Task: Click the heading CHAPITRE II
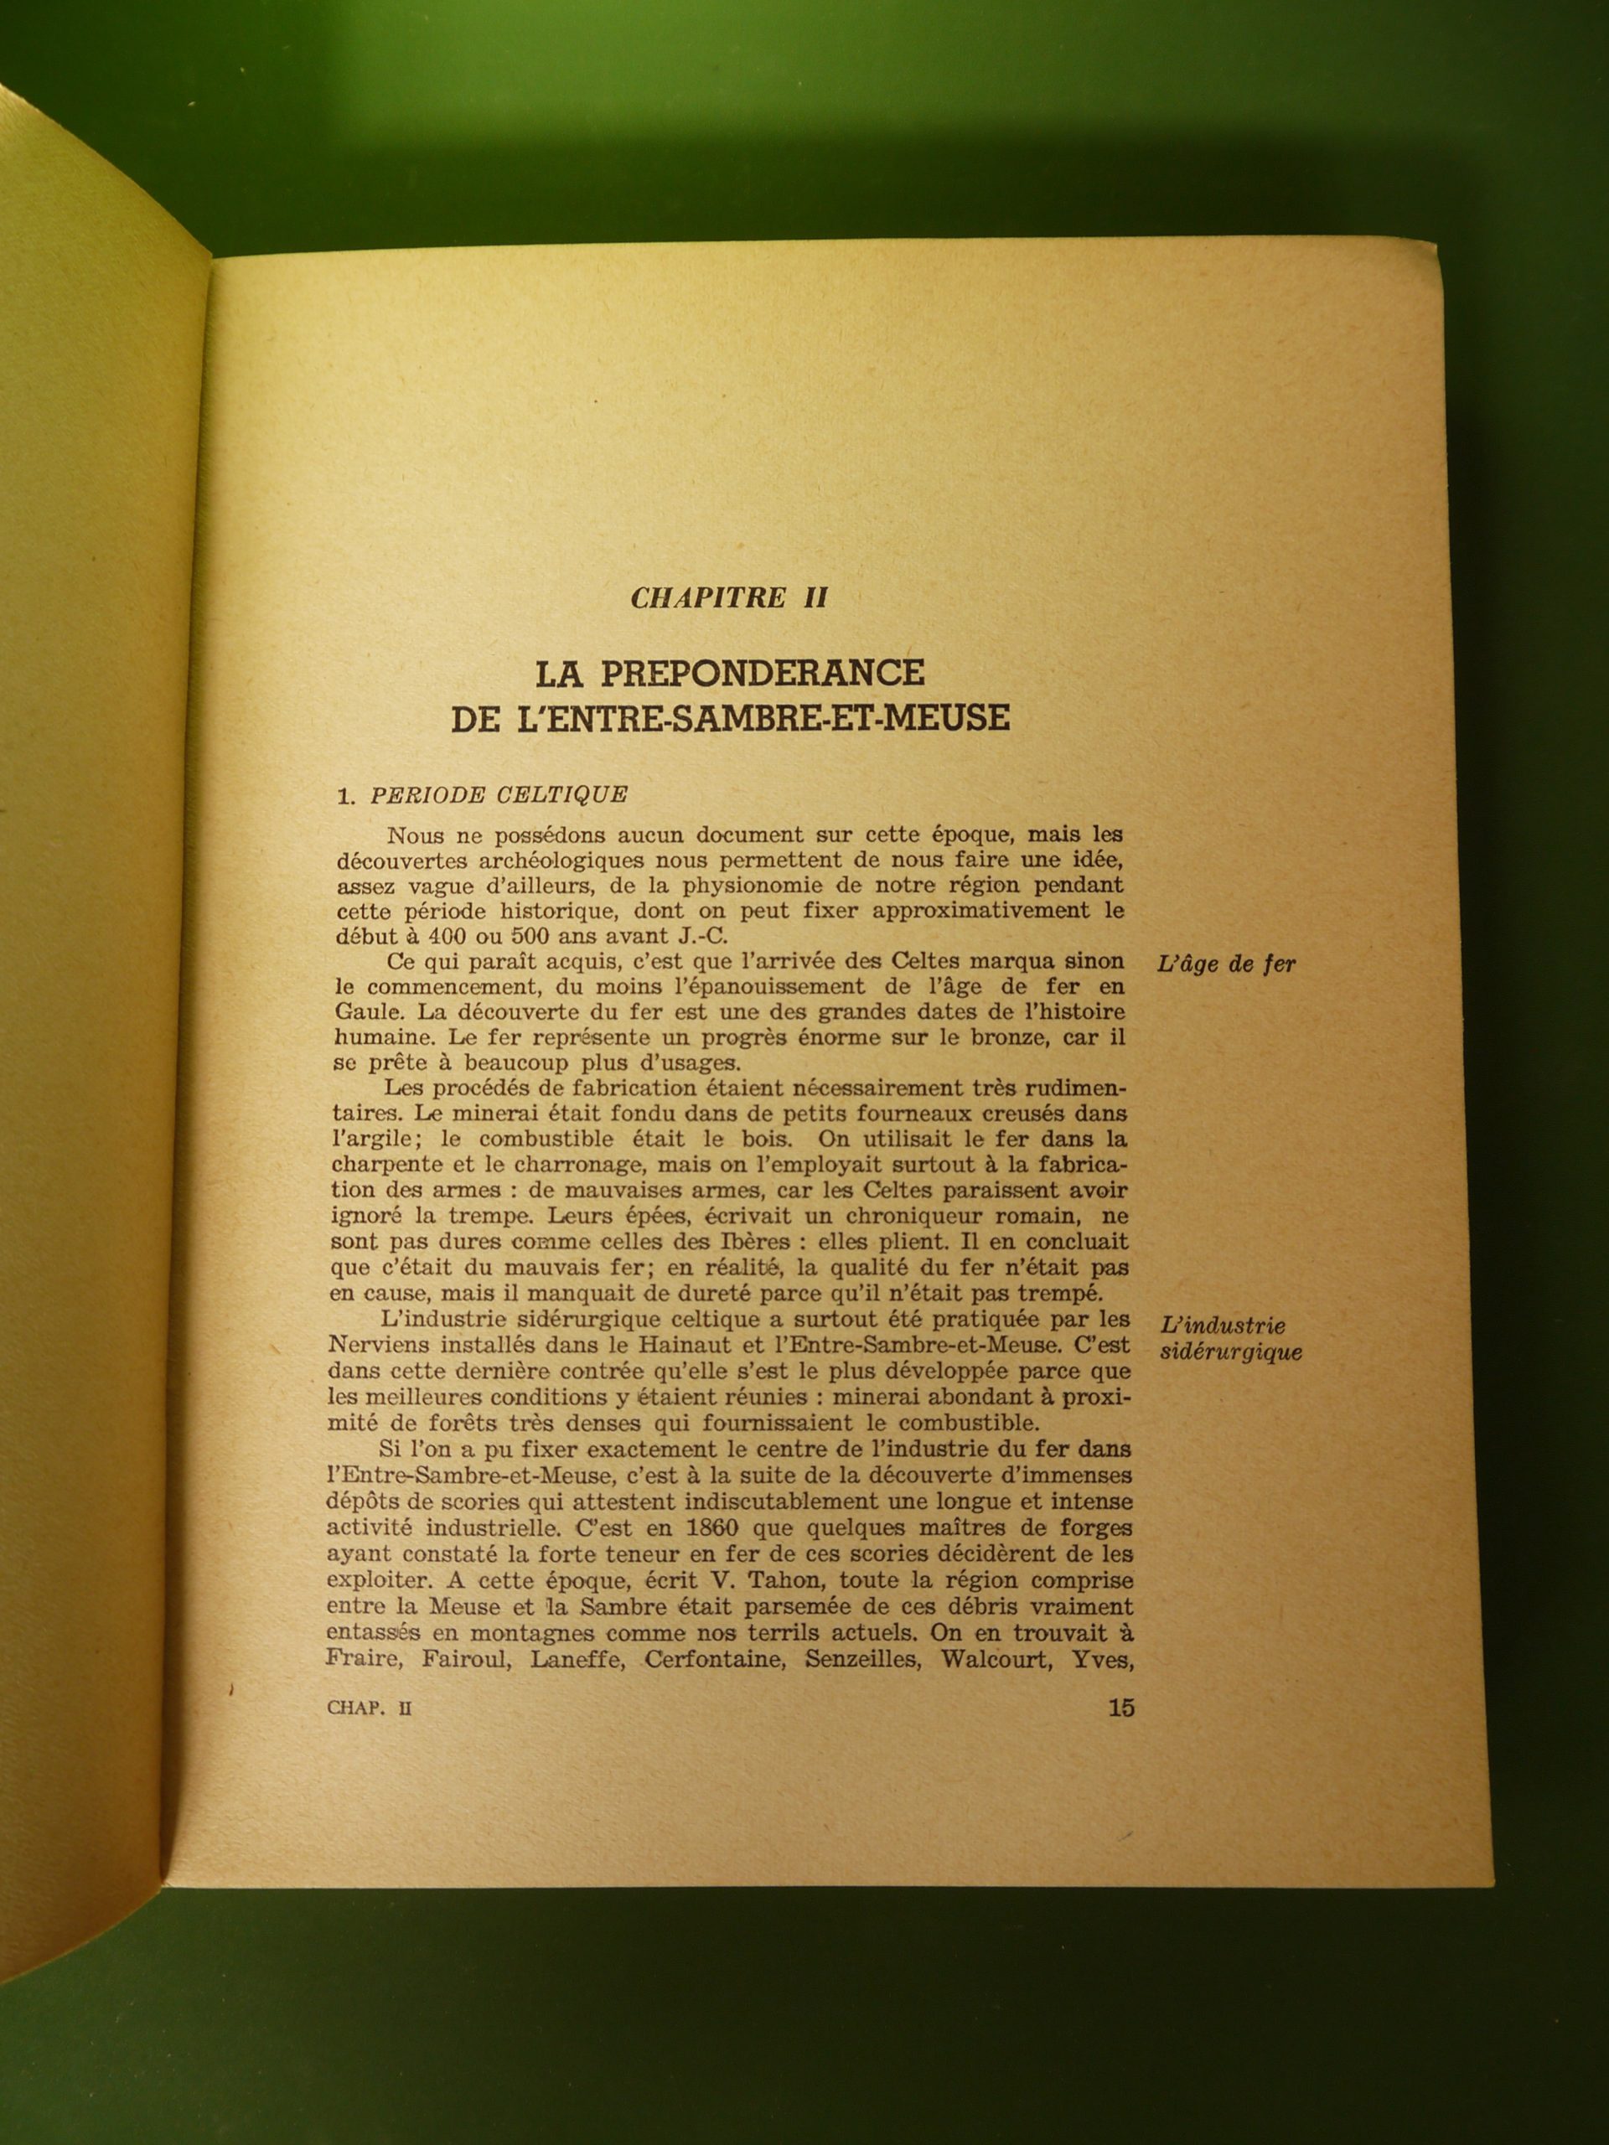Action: [x=727, y=597]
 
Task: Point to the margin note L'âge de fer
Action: [x=1225, y=965]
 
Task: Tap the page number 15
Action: [x=1120, y=1708]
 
